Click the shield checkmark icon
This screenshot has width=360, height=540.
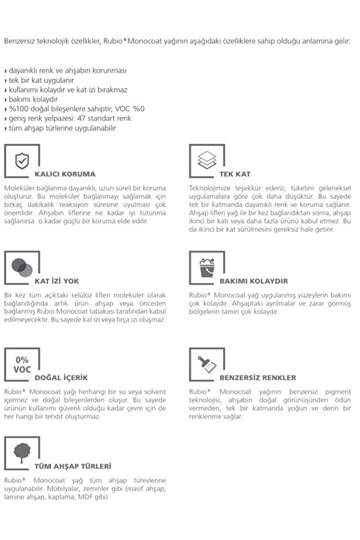pos(21,160)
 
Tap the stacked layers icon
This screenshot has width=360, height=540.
pos(206,160)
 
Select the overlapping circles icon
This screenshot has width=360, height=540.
pos(22,266)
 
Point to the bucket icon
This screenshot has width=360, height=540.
pos(207,266)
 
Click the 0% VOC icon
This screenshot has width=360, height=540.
pos(22,364)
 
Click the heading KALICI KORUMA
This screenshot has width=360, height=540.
pos(65,174)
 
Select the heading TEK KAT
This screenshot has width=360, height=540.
pos(235,174)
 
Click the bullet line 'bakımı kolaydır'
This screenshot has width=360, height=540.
pos(35,99)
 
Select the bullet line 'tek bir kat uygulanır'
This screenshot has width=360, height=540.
pos(41,80)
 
